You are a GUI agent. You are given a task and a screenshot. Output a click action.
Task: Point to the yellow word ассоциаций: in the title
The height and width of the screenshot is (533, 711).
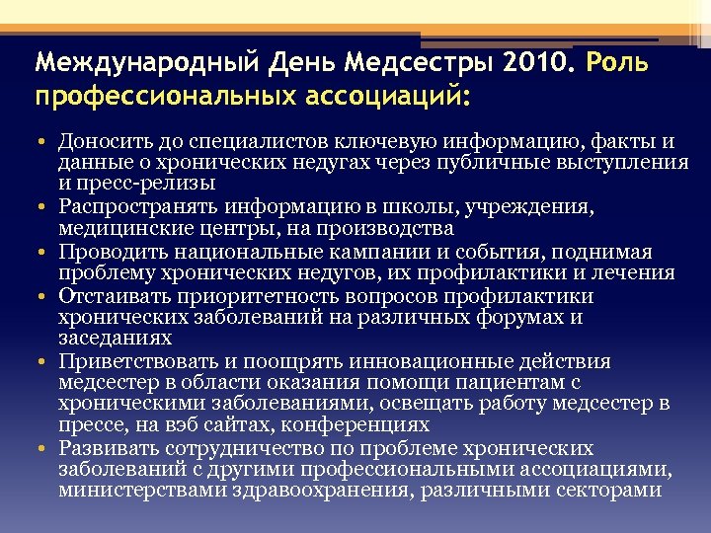pyautogui.click(x=386, y=98)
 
